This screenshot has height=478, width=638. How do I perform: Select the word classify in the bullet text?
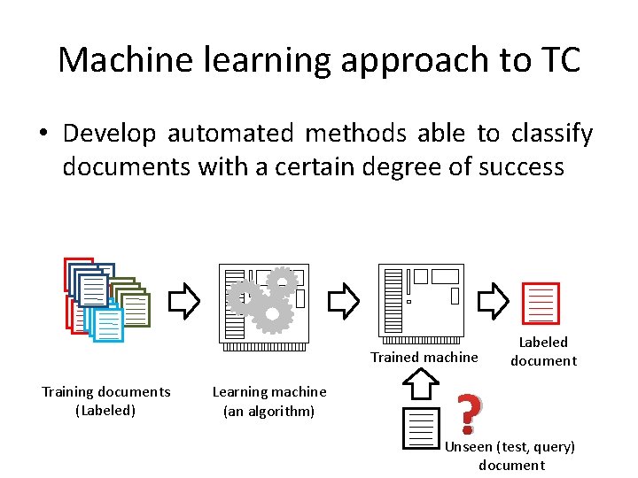point(551,134)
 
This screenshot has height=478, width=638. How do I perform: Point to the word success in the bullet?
point(521,166)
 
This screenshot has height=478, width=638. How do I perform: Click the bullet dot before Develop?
point(43,135)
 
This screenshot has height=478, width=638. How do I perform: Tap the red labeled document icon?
point(541,303)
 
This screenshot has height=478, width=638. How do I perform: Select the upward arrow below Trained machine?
point(422,384)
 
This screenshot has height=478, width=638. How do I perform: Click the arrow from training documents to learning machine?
point(184,301)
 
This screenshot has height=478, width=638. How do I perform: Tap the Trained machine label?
point(424,358)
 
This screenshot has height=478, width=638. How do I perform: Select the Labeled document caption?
point(543,351)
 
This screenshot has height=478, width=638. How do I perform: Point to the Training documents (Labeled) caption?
point(106,401)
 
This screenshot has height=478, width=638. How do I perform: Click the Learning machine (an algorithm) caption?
point(269,401)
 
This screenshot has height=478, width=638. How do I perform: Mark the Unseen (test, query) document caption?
point(510,456)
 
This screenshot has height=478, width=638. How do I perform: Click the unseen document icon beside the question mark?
point(420,428)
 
